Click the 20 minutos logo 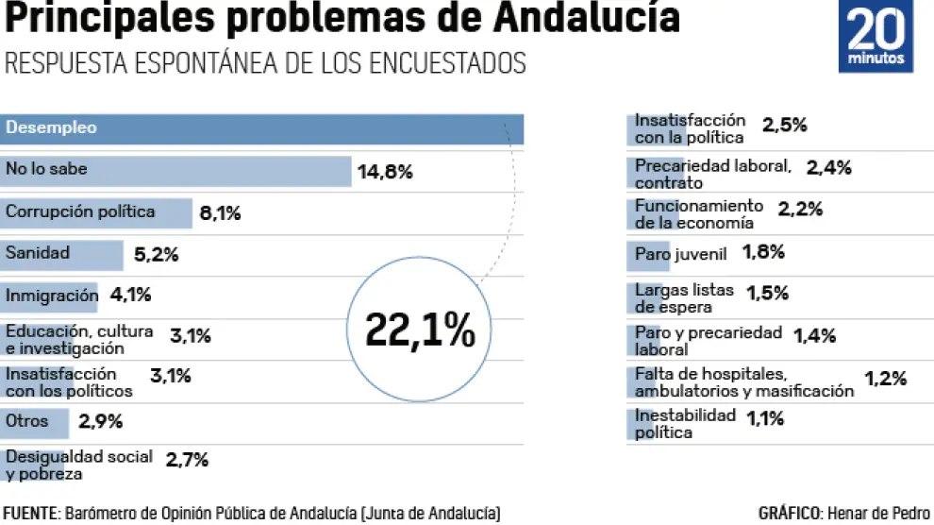click(x=876, y=37)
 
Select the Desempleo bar click(x=262, y=128)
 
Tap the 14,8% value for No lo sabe click(x=385, y=172)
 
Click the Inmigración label click(x=52, y=295)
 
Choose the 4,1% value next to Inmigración click(x=130, y=295)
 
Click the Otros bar click(x=35, y=421)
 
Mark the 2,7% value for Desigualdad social click(x=187, y=461)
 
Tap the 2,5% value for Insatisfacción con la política click(x=784, y=126)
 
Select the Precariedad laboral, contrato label click(x=712, y=174)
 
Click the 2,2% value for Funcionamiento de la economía click(x=800, y=209)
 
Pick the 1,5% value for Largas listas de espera click(x=767, y=293)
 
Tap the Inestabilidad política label click(x=684, y=424)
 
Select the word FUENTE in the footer click(x=29, y=514)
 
